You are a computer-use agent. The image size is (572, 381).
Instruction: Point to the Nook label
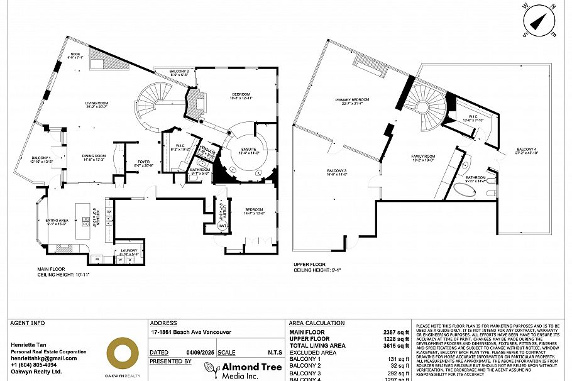click(x=75, y=55)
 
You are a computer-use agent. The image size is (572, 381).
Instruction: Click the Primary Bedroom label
click(x=352, y=100)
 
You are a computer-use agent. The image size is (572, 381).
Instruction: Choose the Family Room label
click(x=423, y=157)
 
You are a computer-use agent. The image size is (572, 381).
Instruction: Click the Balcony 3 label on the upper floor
click(x=337, y=172)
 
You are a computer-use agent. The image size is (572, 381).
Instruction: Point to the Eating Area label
click(x=57, y=221)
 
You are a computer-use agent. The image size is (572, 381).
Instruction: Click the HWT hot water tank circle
click(x=222, y=226)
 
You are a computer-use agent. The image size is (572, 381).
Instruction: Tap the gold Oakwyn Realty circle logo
click(x=122, y=354)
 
